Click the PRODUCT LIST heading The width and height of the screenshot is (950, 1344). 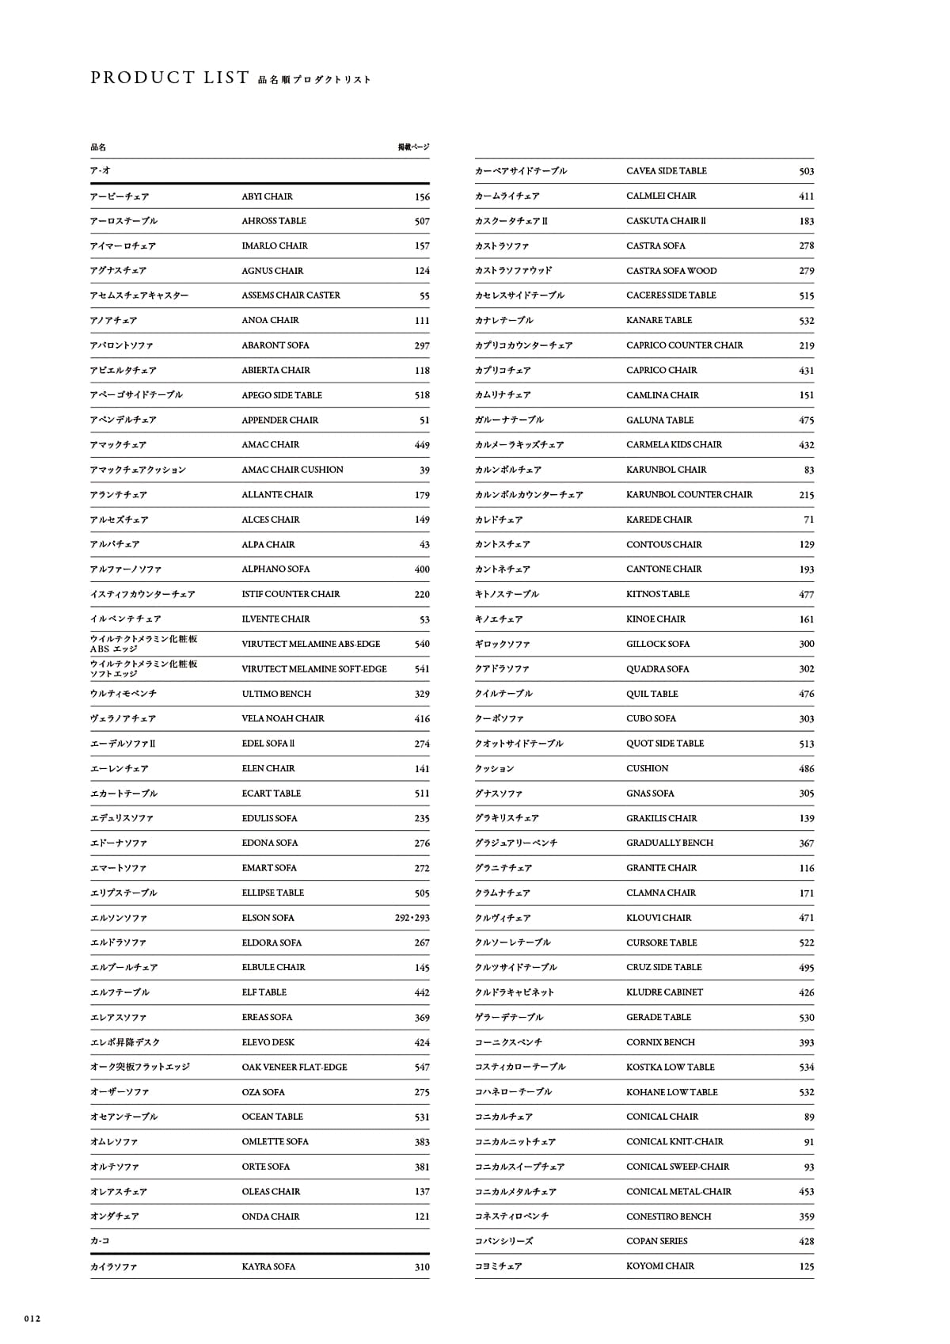click(169, 78)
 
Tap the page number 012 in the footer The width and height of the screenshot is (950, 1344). click(32, 1319)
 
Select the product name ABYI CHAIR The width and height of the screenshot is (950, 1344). click(267, 196)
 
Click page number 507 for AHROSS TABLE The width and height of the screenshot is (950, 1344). click(422, 222)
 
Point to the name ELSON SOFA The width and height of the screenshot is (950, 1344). click(268, 918)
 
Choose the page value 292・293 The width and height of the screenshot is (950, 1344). click(412, 918)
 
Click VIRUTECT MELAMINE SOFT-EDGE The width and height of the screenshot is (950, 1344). click(314, 669)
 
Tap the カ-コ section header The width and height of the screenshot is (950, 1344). click(100, 1241)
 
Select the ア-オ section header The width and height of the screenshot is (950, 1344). click(100, 170)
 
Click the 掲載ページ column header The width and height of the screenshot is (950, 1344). click(413, 147)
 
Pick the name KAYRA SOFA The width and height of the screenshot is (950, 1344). click(268, 1266)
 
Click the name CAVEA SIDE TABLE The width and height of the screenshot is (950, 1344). click(666, 171)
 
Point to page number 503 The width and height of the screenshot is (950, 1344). click(806, 171)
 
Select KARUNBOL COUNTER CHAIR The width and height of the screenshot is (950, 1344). click(689, 495)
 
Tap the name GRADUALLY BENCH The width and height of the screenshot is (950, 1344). click(669, 843)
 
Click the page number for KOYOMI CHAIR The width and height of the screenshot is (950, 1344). click(806, 1266)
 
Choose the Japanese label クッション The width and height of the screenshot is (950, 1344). click(494, 768)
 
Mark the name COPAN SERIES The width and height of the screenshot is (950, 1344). click(656, 1241)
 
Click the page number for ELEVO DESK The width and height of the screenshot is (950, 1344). click(422, 1042)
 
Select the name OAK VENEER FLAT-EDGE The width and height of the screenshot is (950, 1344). click(294, 1067)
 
